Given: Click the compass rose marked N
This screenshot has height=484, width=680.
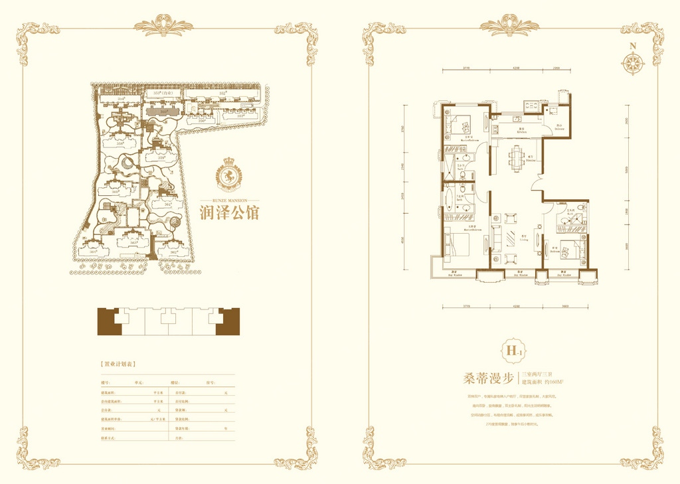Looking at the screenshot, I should point(633,62).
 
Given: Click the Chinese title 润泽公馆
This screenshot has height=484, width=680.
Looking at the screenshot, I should point(229,212).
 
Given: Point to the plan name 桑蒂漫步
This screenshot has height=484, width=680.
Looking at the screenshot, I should point(488,379).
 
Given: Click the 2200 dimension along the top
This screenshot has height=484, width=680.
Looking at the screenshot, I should point(556,68).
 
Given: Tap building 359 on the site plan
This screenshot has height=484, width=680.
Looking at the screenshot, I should point(161,158).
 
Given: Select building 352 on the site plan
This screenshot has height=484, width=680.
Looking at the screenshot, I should point(224,94).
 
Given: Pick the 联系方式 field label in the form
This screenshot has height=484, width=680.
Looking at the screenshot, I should point(108,439).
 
